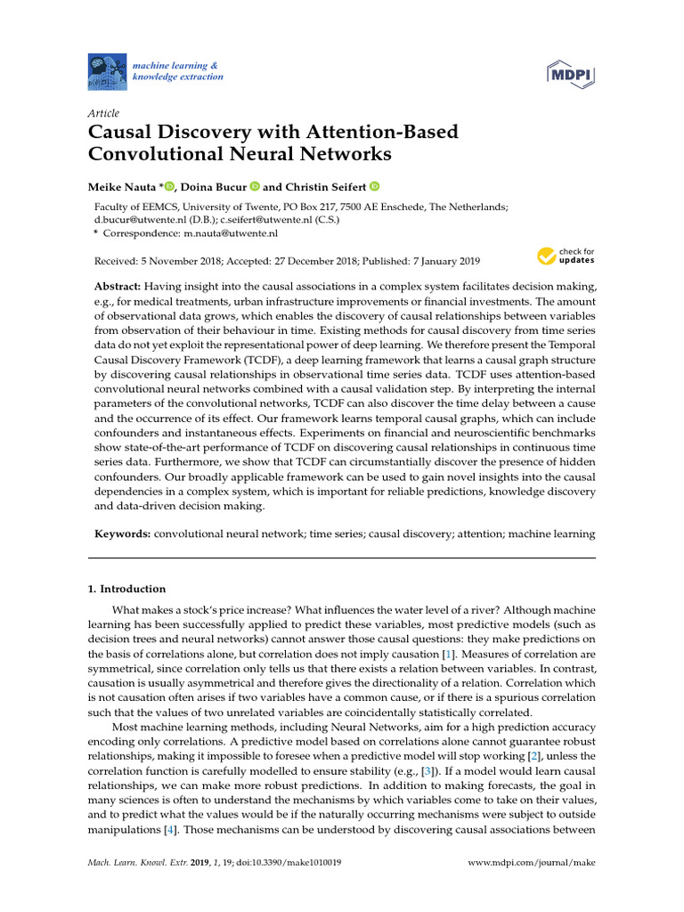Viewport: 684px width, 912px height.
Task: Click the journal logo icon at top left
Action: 108,71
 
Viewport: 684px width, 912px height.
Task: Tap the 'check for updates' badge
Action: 565,257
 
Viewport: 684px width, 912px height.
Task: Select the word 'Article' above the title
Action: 103,113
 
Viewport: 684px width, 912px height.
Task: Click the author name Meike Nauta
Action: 122,187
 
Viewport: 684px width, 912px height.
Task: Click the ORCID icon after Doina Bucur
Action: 254,187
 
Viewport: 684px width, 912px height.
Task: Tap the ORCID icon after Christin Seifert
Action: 374,187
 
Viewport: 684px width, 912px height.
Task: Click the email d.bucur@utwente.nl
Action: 134,218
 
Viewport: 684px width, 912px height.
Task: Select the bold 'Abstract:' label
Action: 118,287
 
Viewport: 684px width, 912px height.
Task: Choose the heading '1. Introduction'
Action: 126,589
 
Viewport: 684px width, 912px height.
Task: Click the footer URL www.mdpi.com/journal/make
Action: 531,863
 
